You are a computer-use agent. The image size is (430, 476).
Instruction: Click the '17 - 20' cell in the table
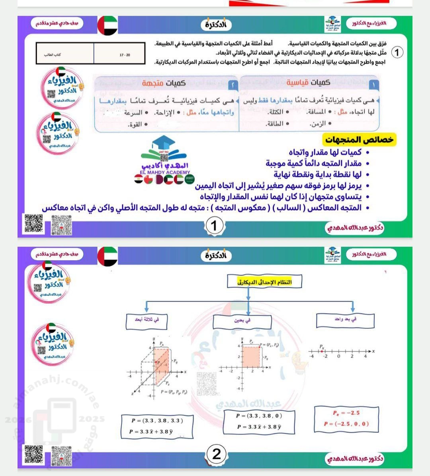(x=125, y=55)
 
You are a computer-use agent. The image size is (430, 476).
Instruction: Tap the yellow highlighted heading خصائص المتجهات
(x=359, y=140)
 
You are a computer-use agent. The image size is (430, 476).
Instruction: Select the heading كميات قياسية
(x=308, y=82)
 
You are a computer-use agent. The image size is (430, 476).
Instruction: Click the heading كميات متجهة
(x=164, y=83)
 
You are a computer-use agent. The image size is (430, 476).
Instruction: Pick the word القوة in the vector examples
(x=135, y=125)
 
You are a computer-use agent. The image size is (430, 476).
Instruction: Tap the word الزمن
(x=317, y=124)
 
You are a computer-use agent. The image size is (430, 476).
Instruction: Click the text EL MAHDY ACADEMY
(x=165, y=172)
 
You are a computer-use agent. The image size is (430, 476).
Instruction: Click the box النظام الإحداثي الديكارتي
(x=264, y=282)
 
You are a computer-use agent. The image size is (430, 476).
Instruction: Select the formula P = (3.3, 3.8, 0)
(x=259, y=416)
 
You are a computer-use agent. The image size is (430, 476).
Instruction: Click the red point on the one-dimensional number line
(x=322, y=351)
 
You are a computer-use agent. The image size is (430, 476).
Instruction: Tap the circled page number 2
(x=217, y=454)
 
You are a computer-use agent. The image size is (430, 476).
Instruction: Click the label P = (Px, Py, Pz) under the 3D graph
(x=174, y=392)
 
